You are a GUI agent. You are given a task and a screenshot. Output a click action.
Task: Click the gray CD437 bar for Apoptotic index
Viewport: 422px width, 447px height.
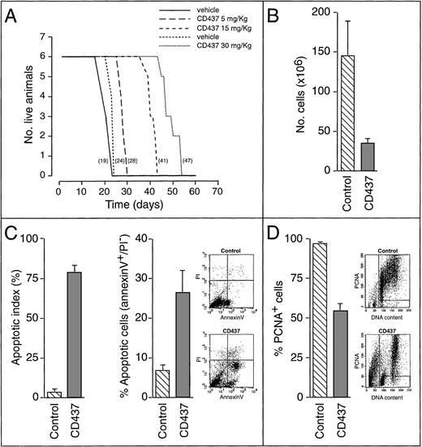79,334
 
